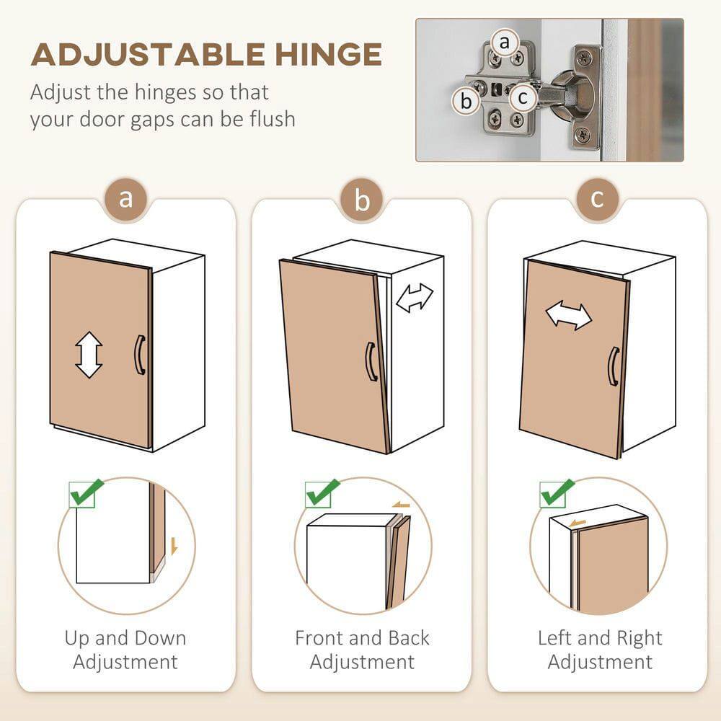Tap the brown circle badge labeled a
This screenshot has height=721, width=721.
(126, 198)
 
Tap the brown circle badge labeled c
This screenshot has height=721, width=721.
(597, 198)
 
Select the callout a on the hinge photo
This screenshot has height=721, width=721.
(504, 43)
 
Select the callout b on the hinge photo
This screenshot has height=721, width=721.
(466, 101)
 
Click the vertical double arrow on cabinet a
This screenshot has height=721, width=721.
(89, 355)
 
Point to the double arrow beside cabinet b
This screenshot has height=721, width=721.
(415, 298)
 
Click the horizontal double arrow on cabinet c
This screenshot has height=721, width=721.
(568, 316)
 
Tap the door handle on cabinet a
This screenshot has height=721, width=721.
(139, 355)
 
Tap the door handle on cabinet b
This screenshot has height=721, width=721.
(371, 360)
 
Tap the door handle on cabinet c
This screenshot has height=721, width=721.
(613, 366)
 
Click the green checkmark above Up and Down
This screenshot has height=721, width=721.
(85, 493)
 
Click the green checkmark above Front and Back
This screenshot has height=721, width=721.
(321, 493)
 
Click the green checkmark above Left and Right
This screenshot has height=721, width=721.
(557, 493)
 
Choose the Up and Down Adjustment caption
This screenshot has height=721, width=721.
(125, 650)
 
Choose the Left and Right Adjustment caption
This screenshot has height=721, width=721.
(599, 650)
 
